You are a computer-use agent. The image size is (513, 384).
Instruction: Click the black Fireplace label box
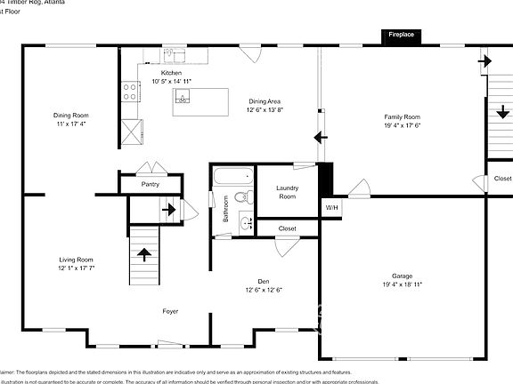403,36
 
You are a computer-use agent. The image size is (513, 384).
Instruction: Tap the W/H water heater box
331,208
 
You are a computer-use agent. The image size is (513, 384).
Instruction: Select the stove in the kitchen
131,90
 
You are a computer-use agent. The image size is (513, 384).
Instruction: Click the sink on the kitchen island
183,98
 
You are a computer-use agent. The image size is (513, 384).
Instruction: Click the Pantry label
151,184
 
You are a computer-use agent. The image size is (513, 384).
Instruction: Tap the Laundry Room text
287,192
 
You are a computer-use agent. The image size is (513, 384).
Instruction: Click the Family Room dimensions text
402,125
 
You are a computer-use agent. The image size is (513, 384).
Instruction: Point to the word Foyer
169,311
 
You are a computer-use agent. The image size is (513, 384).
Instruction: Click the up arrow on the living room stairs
144,254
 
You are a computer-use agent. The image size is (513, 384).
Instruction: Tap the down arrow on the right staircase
502,113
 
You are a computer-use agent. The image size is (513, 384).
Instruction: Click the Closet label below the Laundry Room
287,228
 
